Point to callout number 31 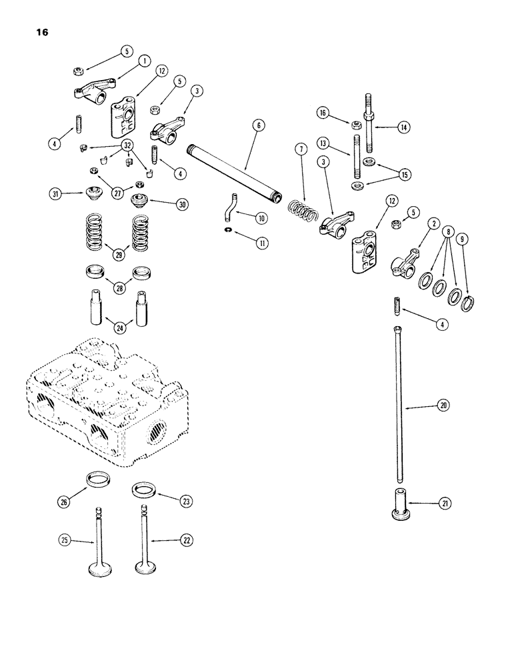pyautogui.click(x=55, y=194)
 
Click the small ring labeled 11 pyautogui.click(x=228, y=230)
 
